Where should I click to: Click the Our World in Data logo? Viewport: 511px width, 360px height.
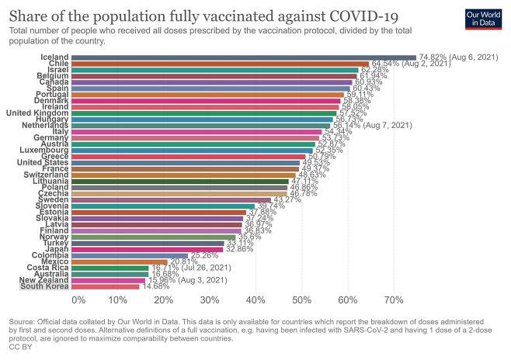[x=487, y=19]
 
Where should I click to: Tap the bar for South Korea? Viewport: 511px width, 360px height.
[x=105, y=286]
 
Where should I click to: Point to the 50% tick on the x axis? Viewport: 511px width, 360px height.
[x=301, y=299]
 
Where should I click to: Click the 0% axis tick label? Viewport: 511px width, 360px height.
[x=78, y=299]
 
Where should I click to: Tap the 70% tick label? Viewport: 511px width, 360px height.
[x=394, y=299]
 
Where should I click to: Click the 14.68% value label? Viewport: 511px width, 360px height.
[x=155, y=286]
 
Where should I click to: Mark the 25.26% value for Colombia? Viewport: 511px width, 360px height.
[x=205, y=254]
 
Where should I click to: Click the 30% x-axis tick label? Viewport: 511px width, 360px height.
[x=209, y=299]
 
